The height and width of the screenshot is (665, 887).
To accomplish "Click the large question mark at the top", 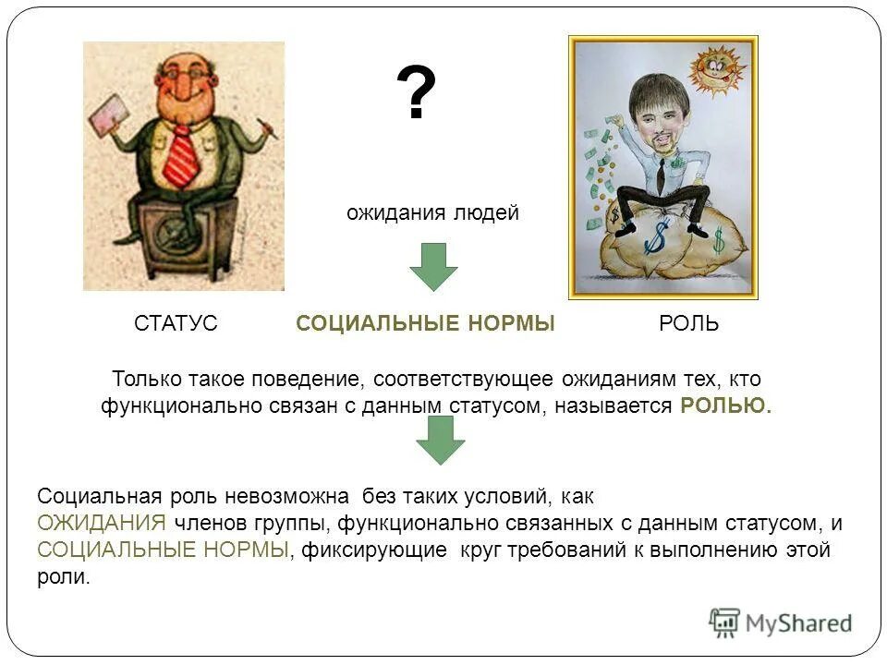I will coord(416,94).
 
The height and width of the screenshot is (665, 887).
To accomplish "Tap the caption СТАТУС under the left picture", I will coord(176,323).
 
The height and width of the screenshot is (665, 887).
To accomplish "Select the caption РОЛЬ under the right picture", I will coord(688,323).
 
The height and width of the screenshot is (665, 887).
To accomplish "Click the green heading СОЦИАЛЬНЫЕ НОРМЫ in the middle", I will coord(425,323).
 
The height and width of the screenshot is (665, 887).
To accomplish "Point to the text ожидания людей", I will coord(432,213).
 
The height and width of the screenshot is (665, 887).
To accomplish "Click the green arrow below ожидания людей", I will coord(433,266).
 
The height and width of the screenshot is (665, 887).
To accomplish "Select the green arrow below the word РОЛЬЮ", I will coord(440,440).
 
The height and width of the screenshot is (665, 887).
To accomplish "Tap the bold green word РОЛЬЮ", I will coord(725,405).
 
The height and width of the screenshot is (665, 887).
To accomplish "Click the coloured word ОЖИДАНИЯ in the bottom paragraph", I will coord(102,523).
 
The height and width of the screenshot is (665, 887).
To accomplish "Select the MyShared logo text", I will coord(798,623).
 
